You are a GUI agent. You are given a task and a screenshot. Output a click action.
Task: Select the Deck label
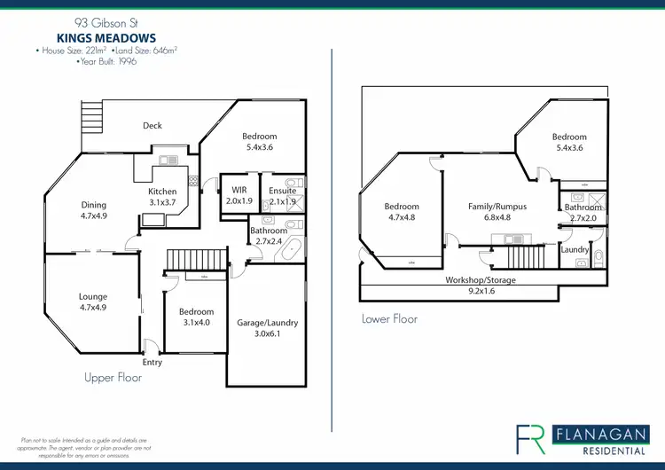coord(153,126)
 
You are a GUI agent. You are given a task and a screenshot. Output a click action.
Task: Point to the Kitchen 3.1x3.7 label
coord(162,197)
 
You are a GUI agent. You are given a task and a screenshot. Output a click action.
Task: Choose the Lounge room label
coord(92,302)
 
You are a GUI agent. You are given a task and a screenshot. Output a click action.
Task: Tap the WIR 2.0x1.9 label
coord(239,195)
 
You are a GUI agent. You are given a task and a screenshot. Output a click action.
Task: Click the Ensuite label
coord(284,195)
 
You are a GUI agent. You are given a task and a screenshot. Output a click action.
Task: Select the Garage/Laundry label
coord(268,328)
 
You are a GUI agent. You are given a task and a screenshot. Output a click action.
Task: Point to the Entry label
coord(153,363)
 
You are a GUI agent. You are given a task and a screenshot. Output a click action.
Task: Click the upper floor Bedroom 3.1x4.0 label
coord(196,317)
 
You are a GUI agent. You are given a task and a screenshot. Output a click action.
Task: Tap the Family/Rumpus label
coord(497,212)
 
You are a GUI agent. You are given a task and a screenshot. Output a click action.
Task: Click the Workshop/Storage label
coord(480,286)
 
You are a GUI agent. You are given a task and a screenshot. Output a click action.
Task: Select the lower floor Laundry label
coord(575,250)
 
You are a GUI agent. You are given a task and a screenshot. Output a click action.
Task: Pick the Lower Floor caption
coord(389,318)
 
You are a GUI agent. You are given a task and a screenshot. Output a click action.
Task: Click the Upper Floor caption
coord(113,378)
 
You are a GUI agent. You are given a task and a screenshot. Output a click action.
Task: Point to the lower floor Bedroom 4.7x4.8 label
coord(402,212)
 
